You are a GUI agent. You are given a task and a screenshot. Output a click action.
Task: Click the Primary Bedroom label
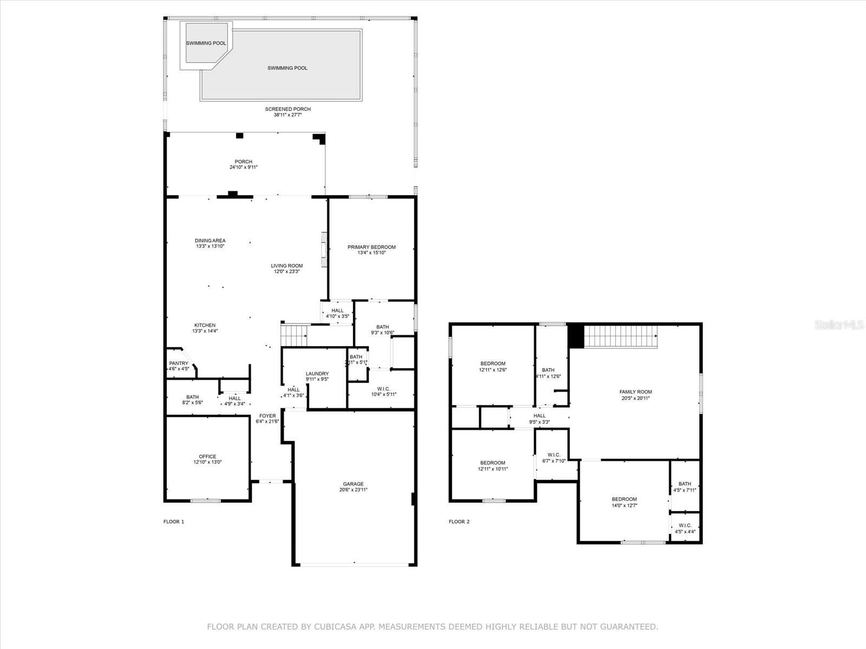click(371, 247)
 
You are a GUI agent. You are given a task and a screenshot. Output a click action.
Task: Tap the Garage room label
click(353, 484)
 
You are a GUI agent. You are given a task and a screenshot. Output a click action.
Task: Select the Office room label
click(207, 456)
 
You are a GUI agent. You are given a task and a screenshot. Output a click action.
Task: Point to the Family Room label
click(635, 392)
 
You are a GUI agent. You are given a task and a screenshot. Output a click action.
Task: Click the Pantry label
click(179, 363)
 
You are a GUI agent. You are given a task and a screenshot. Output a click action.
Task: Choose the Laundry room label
click(317, 374)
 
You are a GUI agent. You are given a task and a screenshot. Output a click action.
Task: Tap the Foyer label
click(267, 416)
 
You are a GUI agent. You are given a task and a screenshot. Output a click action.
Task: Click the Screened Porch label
click(288, 109)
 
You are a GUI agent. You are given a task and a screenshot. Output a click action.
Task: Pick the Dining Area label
click(211, 240)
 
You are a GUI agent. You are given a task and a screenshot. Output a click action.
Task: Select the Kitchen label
click(205, 325)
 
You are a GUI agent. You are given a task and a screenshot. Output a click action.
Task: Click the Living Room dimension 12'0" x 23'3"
click(287, 271)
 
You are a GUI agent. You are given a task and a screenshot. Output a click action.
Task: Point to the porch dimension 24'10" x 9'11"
click(244, 167)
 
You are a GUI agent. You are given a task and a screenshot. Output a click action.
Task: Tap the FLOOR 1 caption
click(174, 522)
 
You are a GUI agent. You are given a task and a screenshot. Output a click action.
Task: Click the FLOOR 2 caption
click(459, 522)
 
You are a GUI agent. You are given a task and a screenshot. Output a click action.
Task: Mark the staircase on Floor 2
click(621, 337)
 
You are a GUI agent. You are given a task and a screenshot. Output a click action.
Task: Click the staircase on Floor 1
click(294, 334)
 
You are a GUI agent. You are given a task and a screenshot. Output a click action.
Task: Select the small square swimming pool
click(206, 43)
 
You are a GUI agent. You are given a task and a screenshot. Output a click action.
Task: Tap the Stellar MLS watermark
click(839, 325)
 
